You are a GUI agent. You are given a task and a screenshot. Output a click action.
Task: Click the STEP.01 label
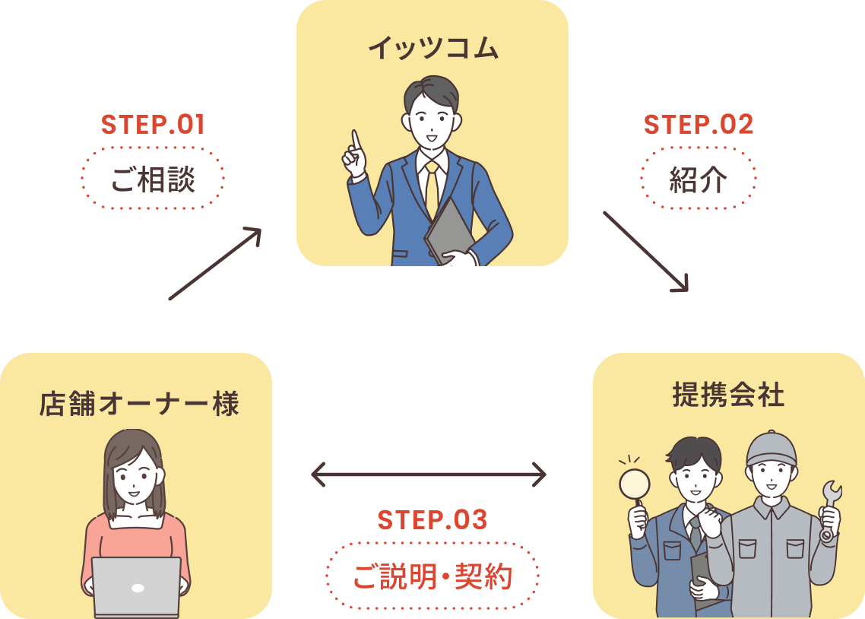(x=153, y=125)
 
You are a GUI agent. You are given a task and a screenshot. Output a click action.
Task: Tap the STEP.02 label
(x=699, y=125)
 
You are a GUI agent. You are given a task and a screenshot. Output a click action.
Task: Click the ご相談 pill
(x=153, y=179)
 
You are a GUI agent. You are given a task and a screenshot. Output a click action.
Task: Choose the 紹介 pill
(x=699, y=179)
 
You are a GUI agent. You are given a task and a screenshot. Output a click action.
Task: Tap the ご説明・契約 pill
(x=432, y=576)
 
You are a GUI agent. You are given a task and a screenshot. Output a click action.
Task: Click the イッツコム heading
(x=432, y=49)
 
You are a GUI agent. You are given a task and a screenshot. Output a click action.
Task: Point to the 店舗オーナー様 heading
(x=139, y=403)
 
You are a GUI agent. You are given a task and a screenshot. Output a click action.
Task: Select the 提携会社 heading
(x=728, y=395)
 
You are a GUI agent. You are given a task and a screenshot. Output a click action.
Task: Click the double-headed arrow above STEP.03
(x=429, y=475)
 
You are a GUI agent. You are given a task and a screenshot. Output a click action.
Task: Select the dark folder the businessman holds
(x=449, y=228)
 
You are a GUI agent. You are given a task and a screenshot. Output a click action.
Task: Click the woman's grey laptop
(x=137, y=586)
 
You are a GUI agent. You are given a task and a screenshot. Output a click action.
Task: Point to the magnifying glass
(x=635, y=484)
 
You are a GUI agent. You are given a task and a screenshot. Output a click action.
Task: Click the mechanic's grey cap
(x=771, y=448)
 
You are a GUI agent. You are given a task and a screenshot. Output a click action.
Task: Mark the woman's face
(x=135, y=480)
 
